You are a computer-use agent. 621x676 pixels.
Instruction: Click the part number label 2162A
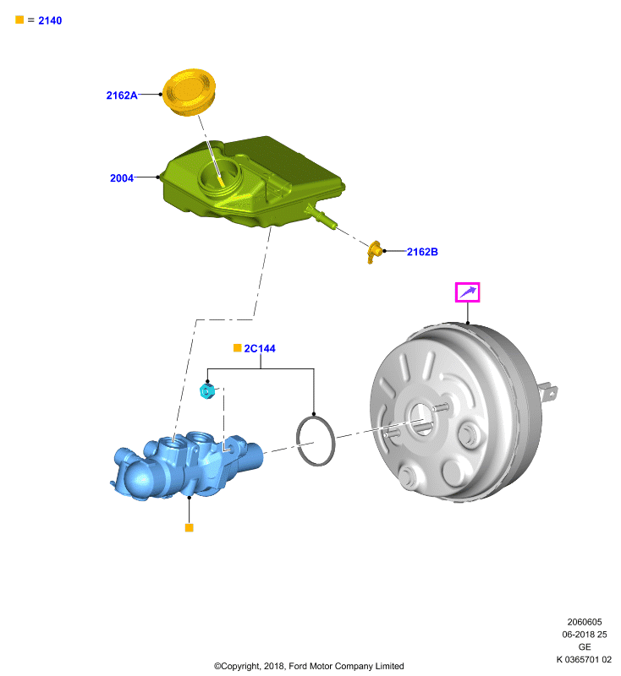tap(122, 95)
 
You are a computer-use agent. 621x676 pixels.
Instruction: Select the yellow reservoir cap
tap(189, 92)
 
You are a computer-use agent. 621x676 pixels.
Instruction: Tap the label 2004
tap(122, 178)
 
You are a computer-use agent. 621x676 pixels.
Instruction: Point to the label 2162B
tap(422, 252)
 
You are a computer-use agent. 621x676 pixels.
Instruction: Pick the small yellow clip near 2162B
tap(374, 252)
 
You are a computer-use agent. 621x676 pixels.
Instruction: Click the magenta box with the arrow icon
tap(467, 292)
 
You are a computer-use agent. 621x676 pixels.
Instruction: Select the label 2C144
tap(260, 348)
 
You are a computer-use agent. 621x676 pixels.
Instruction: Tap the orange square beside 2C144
tap(238, 348)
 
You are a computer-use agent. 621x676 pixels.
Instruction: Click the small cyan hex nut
tap(207, 391)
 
